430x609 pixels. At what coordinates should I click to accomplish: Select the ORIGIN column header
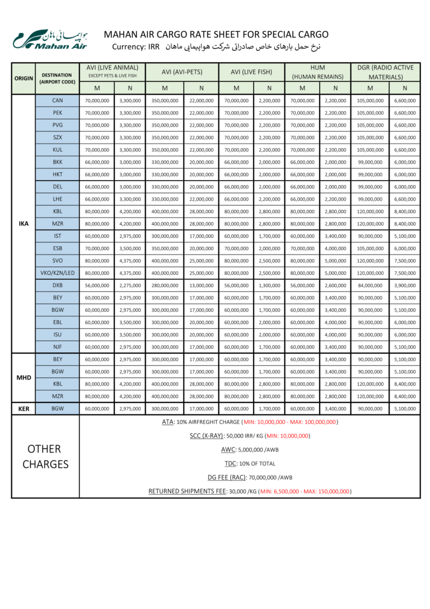pos(24,79)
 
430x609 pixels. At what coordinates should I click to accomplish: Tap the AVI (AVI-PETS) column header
pos(182,72)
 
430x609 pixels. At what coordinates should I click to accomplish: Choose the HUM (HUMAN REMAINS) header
pos(318,72)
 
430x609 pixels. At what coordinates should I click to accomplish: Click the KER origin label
pos(24,409)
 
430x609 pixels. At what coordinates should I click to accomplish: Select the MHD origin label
pos(24,378)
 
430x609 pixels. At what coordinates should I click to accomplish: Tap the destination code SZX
pos(57,137)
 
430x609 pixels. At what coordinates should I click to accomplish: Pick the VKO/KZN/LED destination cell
pos(57,273)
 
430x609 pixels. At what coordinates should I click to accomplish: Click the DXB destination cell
pos(57,285)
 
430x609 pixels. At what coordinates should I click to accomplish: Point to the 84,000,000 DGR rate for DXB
pos(370,285)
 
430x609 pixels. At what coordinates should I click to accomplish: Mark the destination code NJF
pos(57,347)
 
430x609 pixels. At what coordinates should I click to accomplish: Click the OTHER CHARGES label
pos(45,456)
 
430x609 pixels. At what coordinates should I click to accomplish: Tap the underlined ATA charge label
pos(167,422)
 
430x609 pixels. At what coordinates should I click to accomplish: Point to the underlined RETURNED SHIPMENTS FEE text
pos(186,491)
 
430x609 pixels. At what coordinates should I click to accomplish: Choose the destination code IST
pos(57,236)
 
